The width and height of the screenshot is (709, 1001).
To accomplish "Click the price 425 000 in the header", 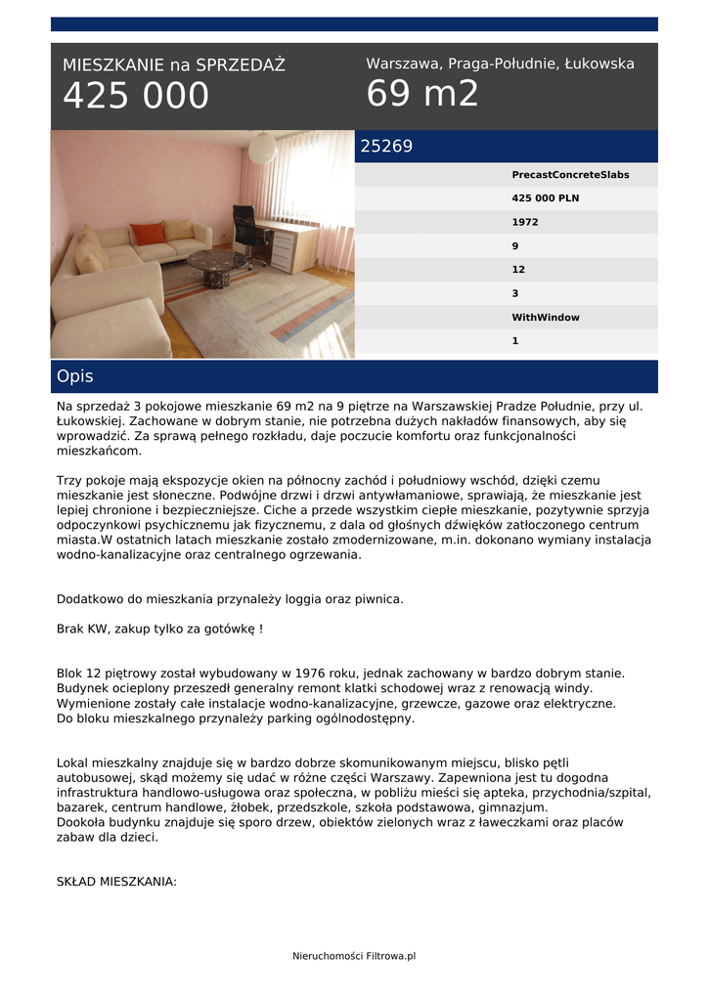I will (136, 96).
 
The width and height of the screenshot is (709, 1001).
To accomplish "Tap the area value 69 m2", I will (422, 94).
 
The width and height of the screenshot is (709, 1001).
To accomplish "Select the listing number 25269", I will (386, 147).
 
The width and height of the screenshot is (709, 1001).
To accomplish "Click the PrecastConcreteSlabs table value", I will (570, 175).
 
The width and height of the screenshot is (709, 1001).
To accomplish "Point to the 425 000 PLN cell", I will (545, 198).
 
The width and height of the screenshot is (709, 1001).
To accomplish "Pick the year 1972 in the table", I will (524, 222).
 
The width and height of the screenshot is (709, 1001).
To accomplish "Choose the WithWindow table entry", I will (546, 318).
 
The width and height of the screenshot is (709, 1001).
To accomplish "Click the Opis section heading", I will (75, 376).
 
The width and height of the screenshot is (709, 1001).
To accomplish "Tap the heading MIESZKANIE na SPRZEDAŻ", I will (174, 65).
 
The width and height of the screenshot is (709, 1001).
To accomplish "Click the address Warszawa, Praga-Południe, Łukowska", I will (500, 64).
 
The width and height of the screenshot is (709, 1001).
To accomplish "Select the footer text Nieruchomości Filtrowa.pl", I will (354, 955).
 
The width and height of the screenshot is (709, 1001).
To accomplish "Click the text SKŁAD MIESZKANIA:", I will (116, 882).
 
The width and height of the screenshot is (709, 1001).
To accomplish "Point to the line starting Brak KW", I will (159, 629).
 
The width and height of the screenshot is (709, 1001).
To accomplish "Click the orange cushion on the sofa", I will (148, 233).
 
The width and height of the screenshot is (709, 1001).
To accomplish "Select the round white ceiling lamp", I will (262, 148).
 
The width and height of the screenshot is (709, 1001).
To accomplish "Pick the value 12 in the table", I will (516, 270).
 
